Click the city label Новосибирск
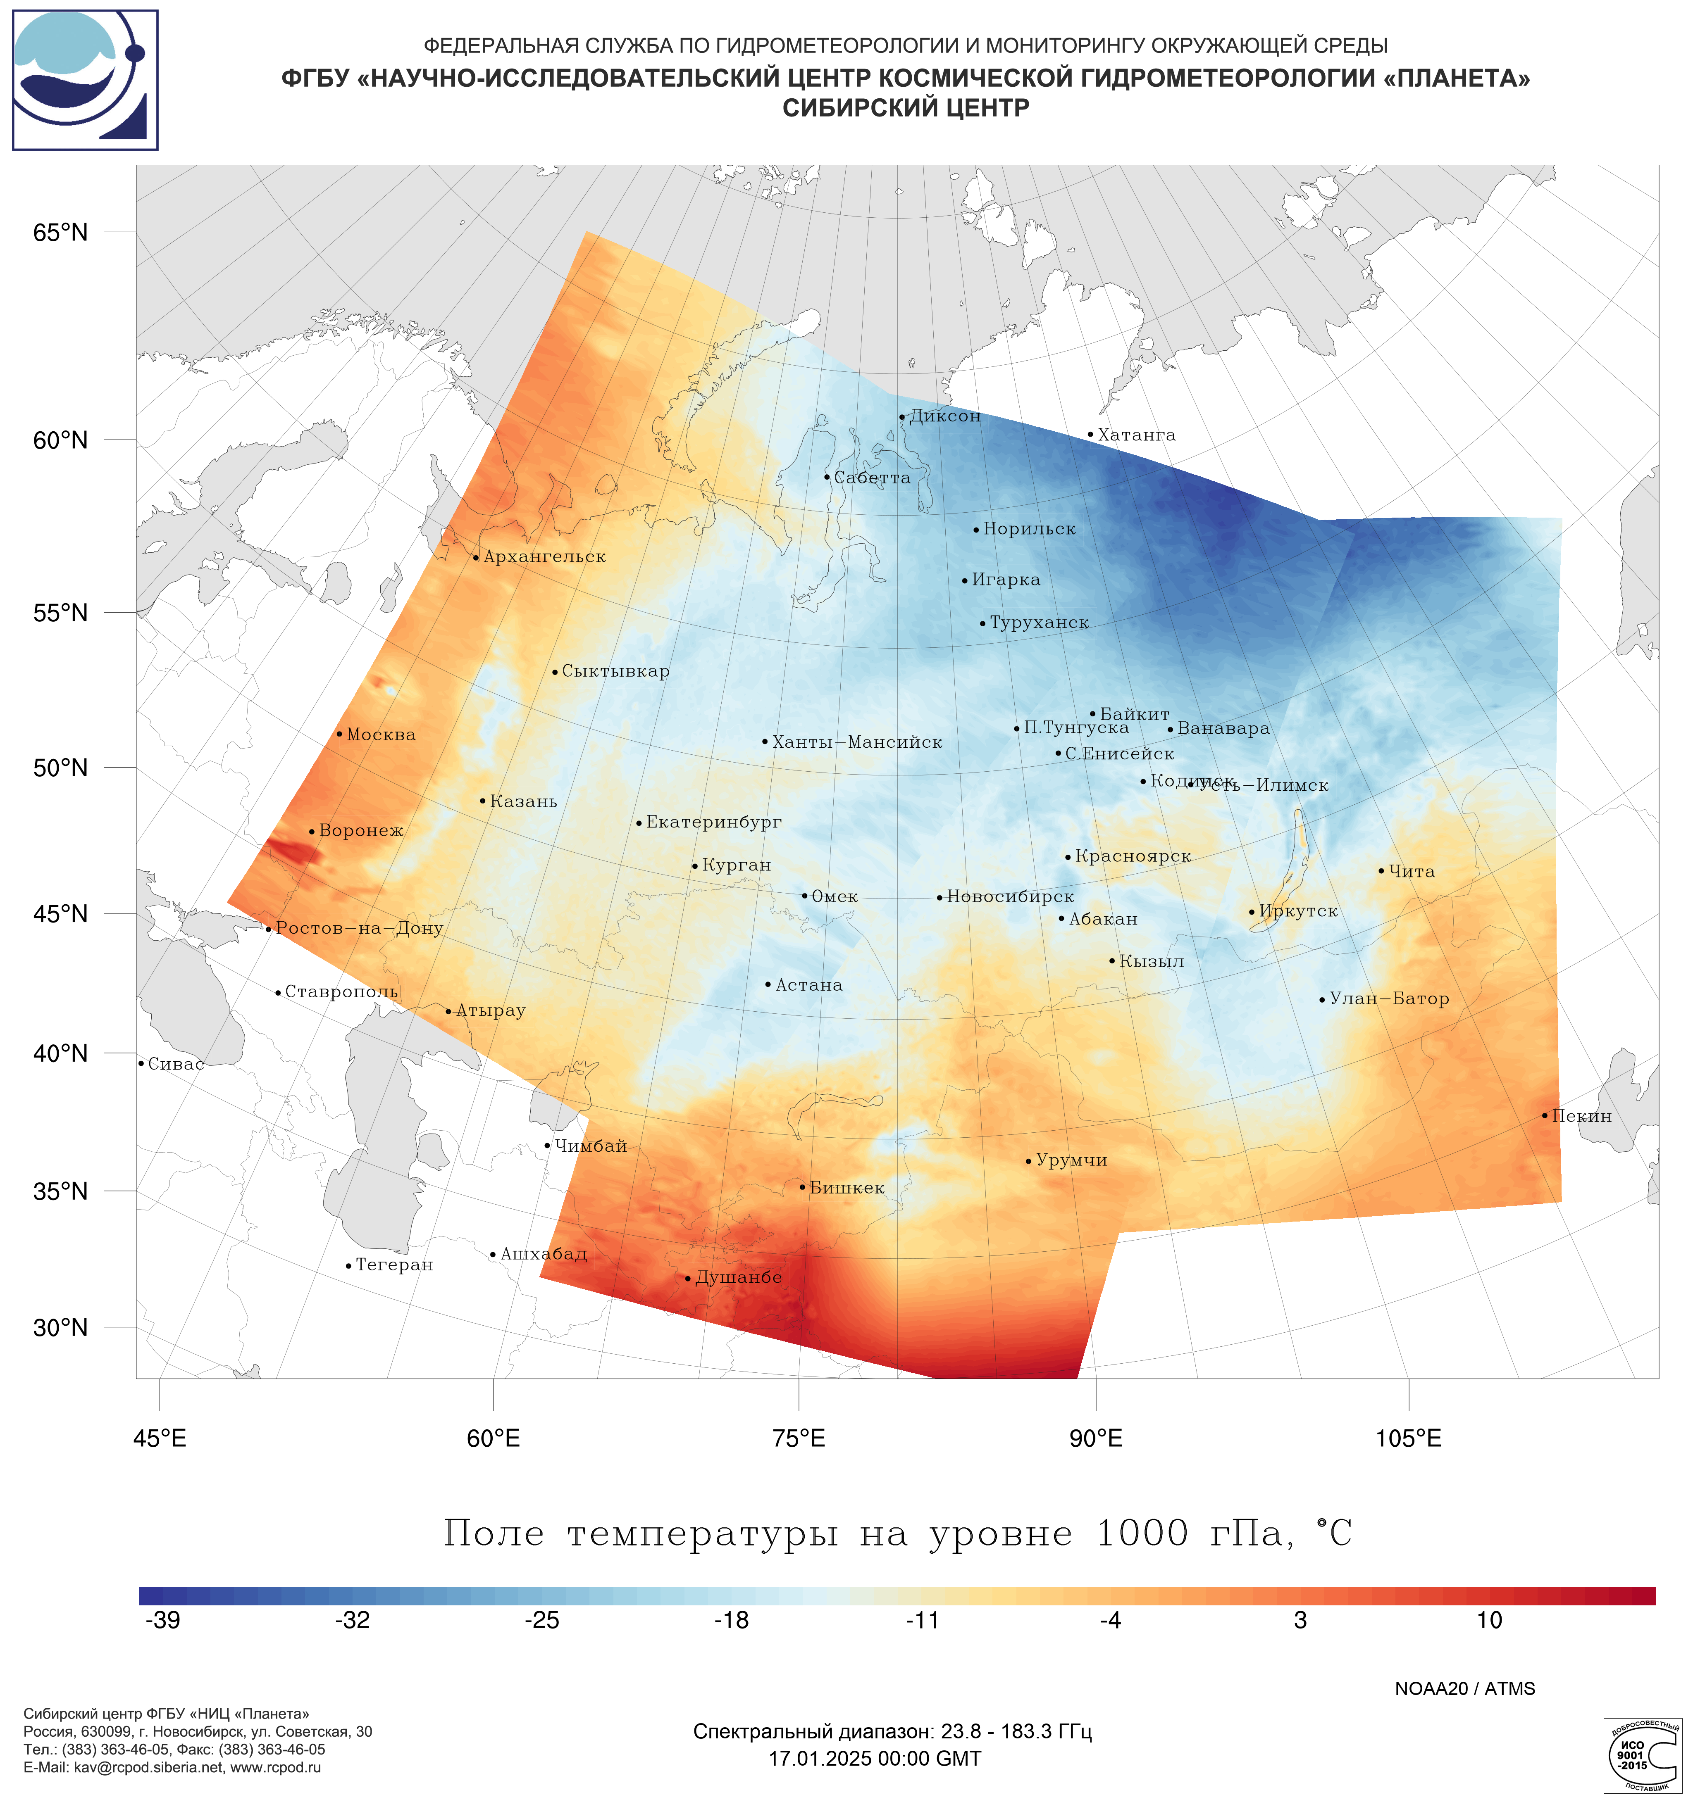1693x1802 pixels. point(1010,896)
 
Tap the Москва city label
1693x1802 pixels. point(381,734)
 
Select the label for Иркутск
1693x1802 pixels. point(1297,911)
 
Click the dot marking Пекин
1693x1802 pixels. point(1545,1116)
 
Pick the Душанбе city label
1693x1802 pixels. point(738,1277)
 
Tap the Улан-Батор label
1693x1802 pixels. point(1389,999)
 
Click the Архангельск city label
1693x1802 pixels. point(544,556)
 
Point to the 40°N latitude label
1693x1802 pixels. point(61,1053)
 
